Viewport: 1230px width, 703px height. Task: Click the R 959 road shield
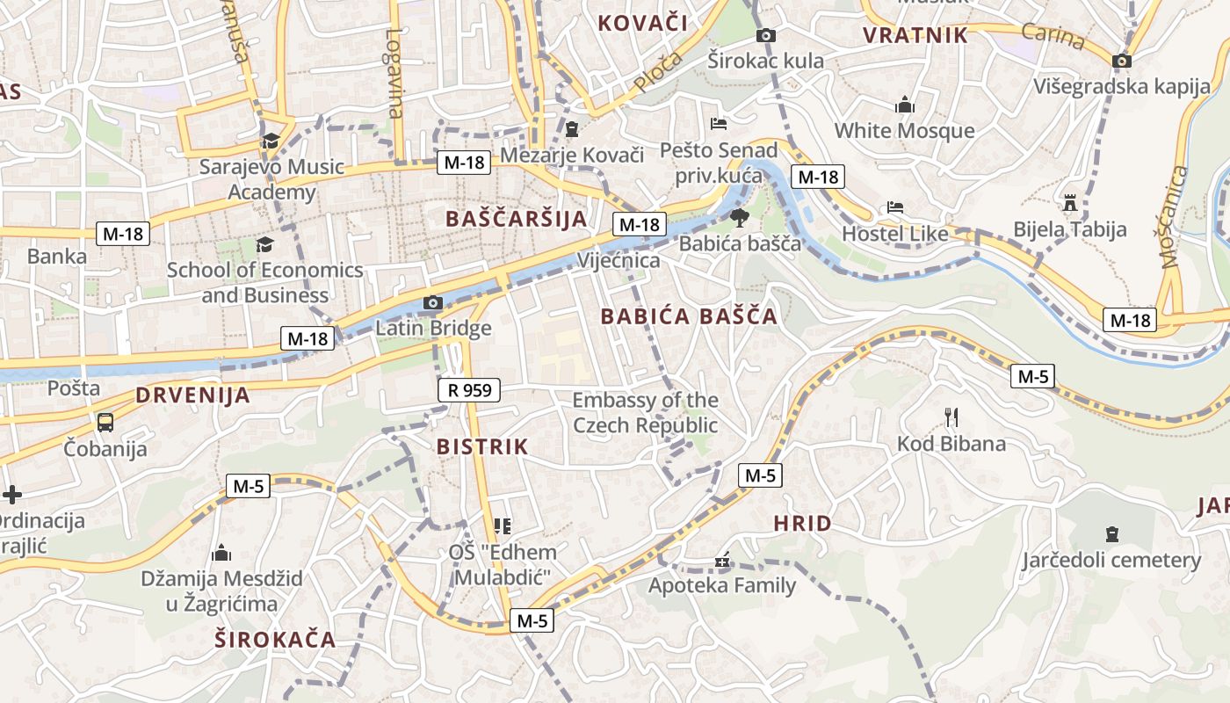pyautogui.click(x=469, y=390)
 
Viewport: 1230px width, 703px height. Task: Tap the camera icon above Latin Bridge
pyautogui.click(x=432, y=303)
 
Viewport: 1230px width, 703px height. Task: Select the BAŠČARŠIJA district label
pyautogui.click(x=516, y=219)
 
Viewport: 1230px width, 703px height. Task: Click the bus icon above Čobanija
pyautogui.click(x=105, y=423)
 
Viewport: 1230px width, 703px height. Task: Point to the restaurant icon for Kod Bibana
pyautogui.click(x=951, y=417)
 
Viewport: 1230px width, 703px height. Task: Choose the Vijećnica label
pyautogui.click(x=619, y=261)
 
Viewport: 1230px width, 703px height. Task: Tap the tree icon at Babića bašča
pyautogui.click(x=739, y=217)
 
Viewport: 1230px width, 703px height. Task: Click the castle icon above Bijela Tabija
pyautogui.click(x=1069, y=203)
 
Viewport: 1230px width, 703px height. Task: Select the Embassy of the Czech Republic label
pyautogui.click(x=645, y=413)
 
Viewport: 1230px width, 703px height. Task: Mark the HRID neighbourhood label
pyautogui.click(x=802, y=525)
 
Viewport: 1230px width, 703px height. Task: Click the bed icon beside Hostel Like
pyautogui.click(x=894, y=207)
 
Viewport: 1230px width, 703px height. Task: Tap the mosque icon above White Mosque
pyautogui.click(x=904, y=105)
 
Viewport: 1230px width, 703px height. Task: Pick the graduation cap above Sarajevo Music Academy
pyautogui.click(x=271, y=141)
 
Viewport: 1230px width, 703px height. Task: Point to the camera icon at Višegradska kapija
pyautogui.click(x=1121, y=61)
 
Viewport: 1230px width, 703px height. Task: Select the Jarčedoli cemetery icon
pyautogui.click(x=1112, y=534)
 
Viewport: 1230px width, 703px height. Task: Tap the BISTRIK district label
pyautogui.click(x=482, y=447)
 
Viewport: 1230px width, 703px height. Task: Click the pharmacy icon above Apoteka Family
pyautogui.click(x=722, y=560)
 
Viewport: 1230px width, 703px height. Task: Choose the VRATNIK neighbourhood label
pyautogui.click(x=915, y=36)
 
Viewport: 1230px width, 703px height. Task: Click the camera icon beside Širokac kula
pyautogui.click(x=766, y=35)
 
